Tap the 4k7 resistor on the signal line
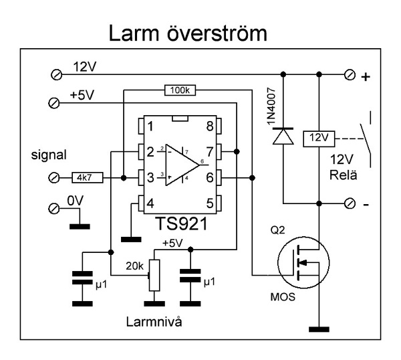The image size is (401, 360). (x=85, y=177)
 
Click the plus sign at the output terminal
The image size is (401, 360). (x=365, y=78)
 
